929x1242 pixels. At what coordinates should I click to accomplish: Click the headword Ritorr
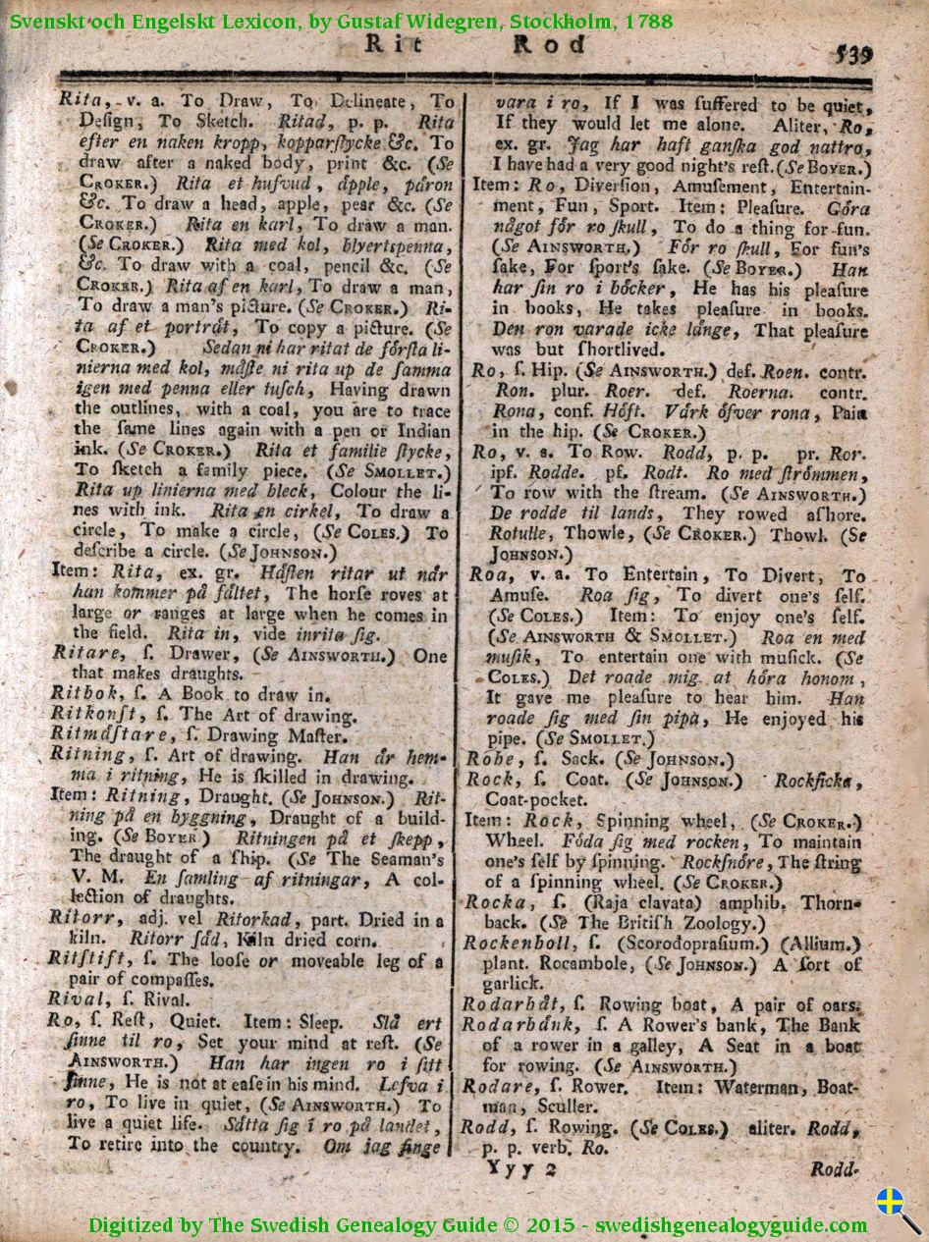(x=77, y=918)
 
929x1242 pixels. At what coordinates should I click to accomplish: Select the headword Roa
(x=488, y=576)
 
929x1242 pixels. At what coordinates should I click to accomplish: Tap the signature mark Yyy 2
(x=520, y=1168)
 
